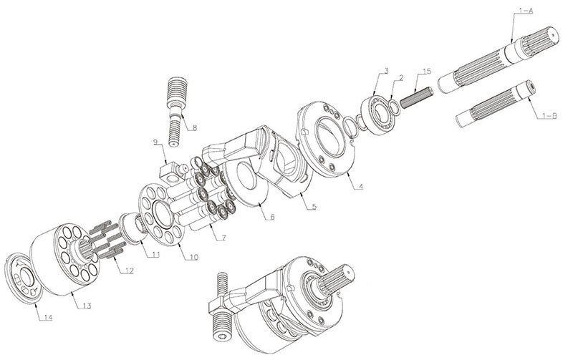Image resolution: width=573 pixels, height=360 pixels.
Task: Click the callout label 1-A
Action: [x=526, y=11]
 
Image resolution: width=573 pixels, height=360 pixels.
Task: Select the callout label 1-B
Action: [x=549, y=116]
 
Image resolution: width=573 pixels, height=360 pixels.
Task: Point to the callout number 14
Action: [x=46, y=318]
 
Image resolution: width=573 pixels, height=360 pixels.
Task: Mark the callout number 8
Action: [x=194, y=128]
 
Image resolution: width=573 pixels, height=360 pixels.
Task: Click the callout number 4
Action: [x=360, y=187]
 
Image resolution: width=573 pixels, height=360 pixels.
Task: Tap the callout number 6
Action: [x=271, y=217]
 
